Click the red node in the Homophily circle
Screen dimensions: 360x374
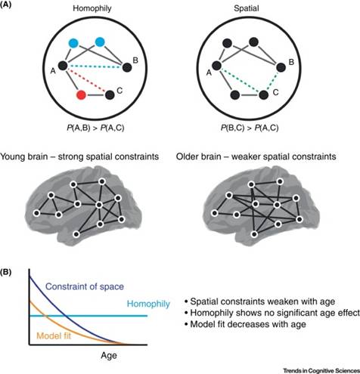pyautogui.click(x=81, y=95)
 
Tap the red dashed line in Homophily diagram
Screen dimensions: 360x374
pyautogui.click(x=86, y=80)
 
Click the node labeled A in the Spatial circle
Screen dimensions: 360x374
pyautogui.click(x=217, y=66)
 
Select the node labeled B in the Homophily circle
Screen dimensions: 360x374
pyautogui.click(x=127, y=67)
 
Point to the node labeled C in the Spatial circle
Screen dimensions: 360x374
pyautogui.click(x=263, y=95)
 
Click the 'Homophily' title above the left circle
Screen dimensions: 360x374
pyautogui.click(x=92, y=8)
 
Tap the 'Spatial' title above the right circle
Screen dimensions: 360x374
pyautogui.click(x=246, y=8)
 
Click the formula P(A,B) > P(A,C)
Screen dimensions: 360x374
pyautogui.click(x=95, y=128)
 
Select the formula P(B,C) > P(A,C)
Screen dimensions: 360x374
pyautogui.click(x=250, y=128)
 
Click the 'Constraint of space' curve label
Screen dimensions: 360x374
pyautogui.click(x=85, y=286)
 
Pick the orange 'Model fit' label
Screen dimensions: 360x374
pyautogui.click(x=54, y=335)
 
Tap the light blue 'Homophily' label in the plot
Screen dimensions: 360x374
pyautogui.click(x=148, y=304)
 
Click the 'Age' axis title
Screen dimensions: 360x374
pyautogui.click(x=109, y=356)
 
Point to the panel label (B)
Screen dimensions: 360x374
pyautogui.click(x=5, y=273)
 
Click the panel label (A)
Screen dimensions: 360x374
pyautogui.click(x=5, y=5)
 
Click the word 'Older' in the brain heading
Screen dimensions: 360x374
pyautogui.click(x=188, y=156)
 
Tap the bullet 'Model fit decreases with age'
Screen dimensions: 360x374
pyautogui.click(x=245, y=324)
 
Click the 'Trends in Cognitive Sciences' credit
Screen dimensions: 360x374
pyautogui.click(x=321, y=370)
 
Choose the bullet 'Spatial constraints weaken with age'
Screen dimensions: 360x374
pyautogui.click(x=260, y=301)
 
